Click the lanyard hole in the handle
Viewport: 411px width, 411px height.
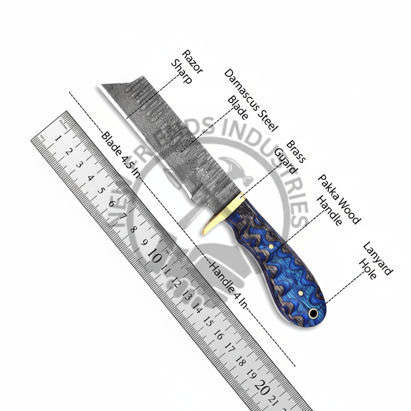pyautogui.click(x=313, y=314)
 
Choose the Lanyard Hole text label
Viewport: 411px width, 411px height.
pyautogui.click(x=375, y=261)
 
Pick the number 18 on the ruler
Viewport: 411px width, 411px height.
pyautogui.click(x=240, y=361)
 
